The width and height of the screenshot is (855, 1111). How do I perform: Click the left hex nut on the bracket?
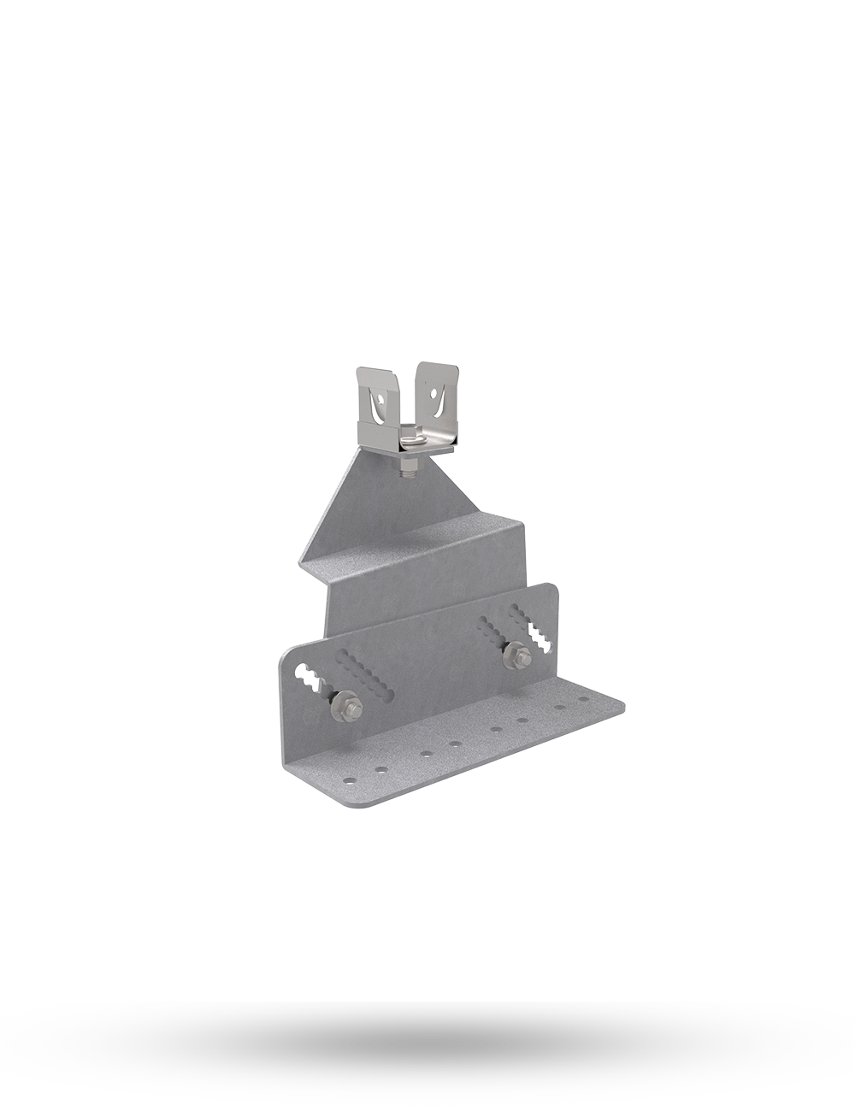pos(348,705)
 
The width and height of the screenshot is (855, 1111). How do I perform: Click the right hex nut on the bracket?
pos(517,656)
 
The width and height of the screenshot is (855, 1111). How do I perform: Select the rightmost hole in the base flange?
pos(585,698)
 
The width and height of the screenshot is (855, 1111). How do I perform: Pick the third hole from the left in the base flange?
pos(426,754)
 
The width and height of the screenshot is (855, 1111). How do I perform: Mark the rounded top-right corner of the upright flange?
pos(551,588)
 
